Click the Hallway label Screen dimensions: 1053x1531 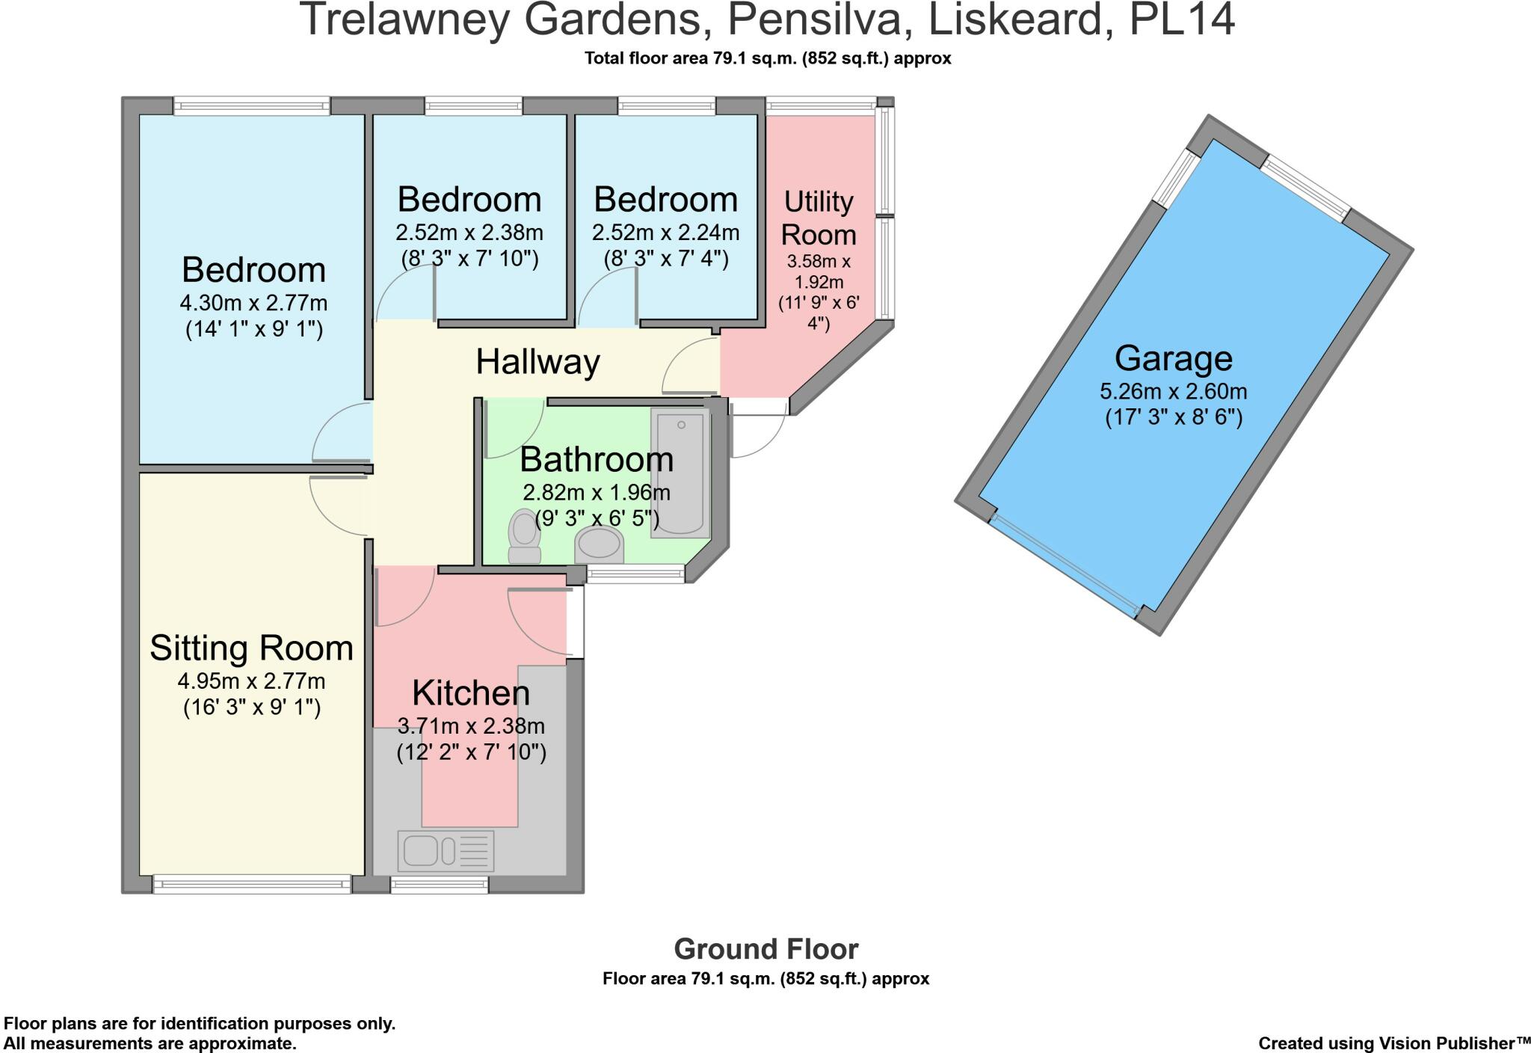(x=537, y=362)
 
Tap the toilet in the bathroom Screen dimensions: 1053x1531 (x=524, y=536)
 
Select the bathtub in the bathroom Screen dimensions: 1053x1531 (x=680, y=473)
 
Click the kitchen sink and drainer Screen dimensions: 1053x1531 (x=446, y=850)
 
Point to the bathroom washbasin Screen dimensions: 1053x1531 (x=599, y=544)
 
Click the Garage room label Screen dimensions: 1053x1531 (x=1173, y=358)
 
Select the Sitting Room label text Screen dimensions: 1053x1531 (x=251, y=648)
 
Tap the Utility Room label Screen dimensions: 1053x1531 (x=819, y=218)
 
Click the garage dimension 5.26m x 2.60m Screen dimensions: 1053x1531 (x=1173, y=391)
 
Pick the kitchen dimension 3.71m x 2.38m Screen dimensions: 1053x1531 (x=471, y=725)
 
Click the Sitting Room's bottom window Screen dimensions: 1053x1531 (x=252, y=884)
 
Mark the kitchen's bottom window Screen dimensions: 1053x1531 (x=439, y=885)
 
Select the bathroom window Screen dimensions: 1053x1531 (x=635, y=574)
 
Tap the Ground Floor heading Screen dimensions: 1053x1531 (x=765, y=949)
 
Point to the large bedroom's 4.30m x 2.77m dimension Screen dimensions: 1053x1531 (x=253, y=303)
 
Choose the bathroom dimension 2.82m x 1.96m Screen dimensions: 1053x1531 (x=596, y=493)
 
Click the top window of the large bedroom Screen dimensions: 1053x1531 (x=252, y=106)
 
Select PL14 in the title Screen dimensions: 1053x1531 (x=1181, y=21)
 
